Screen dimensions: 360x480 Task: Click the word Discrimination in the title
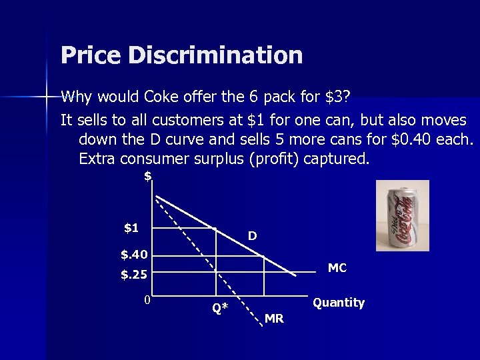pos(215,55)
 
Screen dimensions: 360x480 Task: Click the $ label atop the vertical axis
pos(147,176)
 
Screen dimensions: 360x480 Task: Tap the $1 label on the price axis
pos(131,228)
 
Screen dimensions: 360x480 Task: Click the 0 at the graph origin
pos(147,299)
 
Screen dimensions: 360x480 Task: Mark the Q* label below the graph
pos(220,308)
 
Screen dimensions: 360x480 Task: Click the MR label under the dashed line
pos(274,319)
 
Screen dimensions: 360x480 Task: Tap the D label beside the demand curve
pos(253,236)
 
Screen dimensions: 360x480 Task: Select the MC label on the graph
pos(337,268)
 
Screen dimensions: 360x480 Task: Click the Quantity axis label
pos(339,303)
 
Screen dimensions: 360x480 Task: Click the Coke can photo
pos(402,215)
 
